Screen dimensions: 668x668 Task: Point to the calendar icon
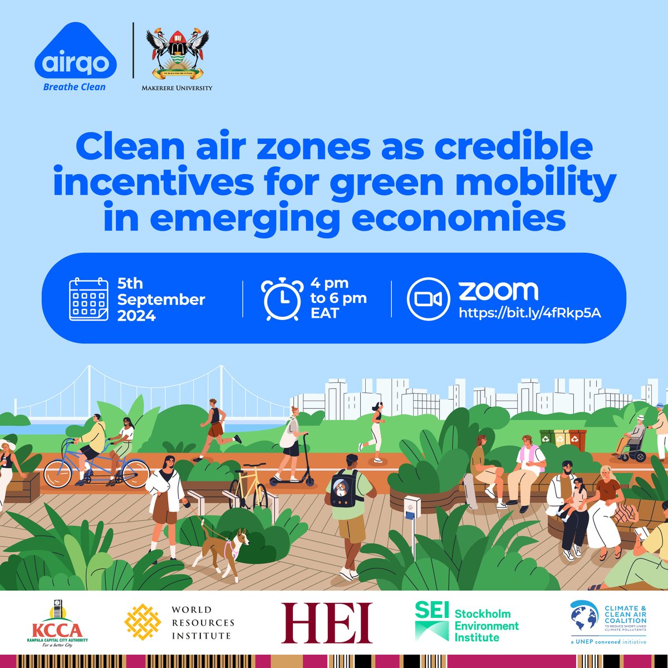click(x=88, y=299)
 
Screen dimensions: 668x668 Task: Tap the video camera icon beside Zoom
click(x=428, y=299)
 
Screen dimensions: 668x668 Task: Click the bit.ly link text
click(x=529, y=313)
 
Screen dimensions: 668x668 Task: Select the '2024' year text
click(x=136, y=316)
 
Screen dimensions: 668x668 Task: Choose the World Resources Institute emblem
click(x=143, y=622)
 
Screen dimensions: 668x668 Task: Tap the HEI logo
click(x=326, y=622)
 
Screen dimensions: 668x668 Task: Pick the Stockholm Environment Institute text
click(x=487, y=626)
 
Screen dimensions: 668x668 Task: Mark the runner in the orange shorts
click(x=215, y=429)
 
